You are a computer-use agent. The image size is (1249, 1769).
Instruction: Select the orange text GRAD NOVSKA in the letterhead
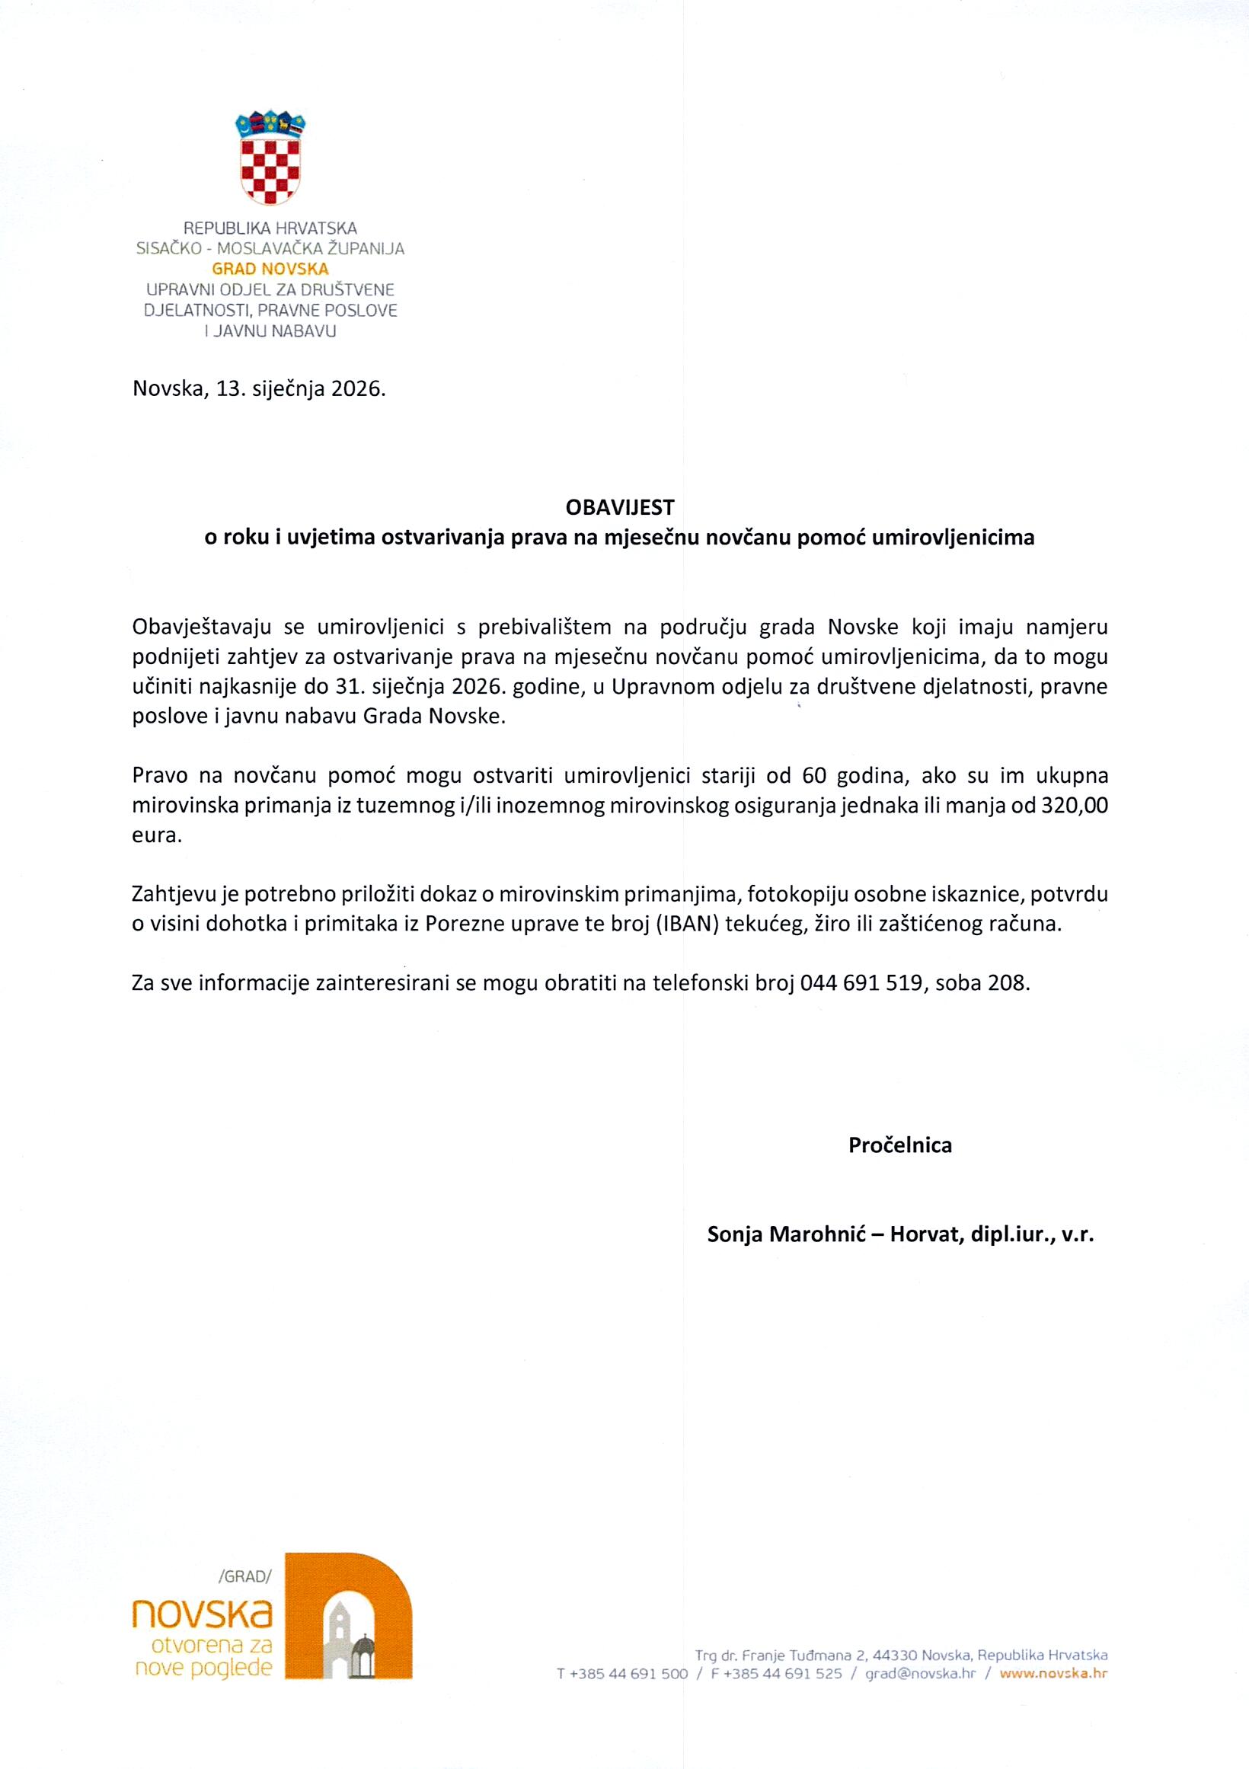[270, 269]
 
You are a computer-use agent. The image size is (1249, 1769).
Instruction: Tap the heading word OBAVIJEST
[619, 507]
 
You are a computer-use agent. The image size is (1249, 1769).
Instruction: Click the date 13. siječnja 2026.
[301, 388]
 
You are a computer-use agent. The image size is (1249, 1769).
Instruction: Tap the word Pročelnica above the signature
[900, 1145]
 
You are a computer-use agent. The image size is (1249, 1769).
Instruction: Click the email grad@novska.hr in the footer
[920, 1674]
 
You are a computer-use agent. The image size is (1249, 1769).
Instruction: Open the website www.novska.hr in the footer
[1054, 1674]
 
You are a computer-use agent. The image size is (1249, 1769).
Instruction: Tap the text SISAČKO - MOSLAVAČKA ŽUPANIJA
[270, 248]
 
